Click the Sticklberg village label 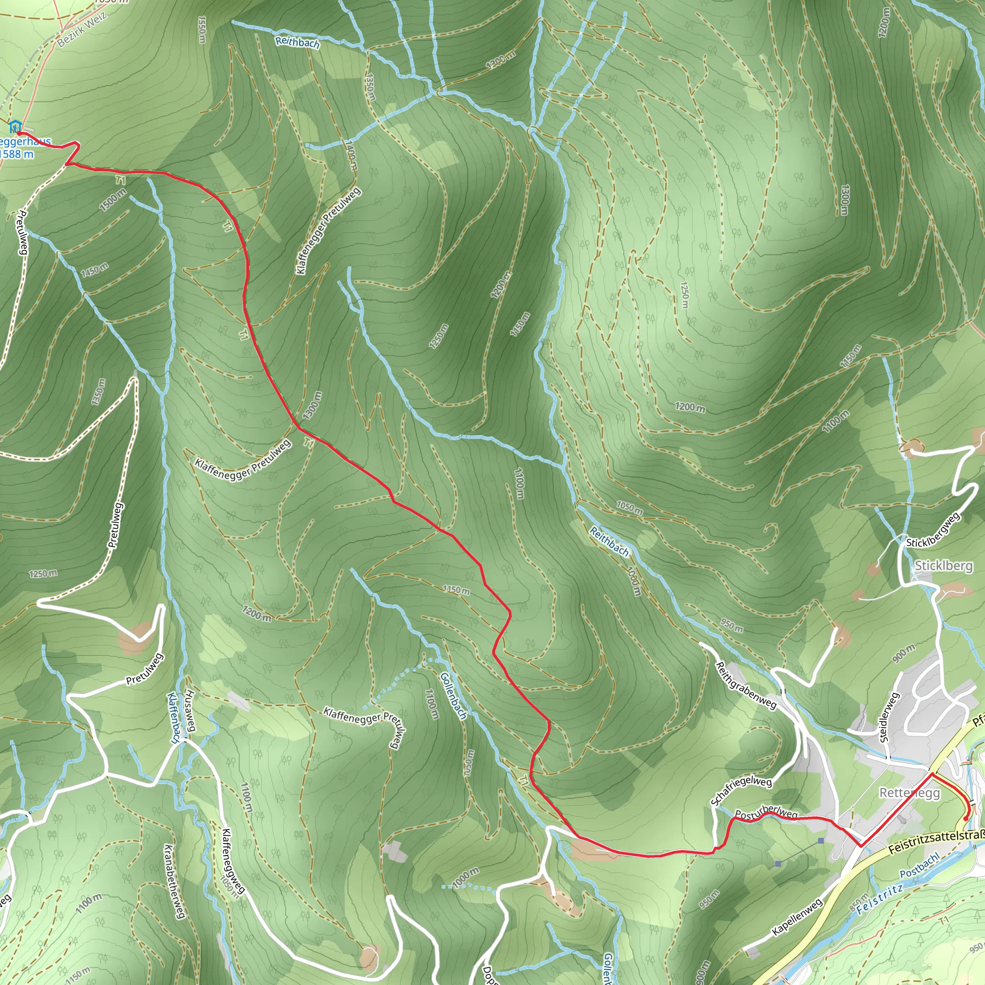click(x=943, y=566)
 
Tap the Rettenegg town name click(x=909, y=793)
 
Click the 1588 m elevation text click(x=17, y=154)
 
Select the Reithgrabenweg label click(x=746, y=685)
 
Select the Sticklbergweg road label click(x=933, y=530)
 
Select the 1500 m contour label click(x=113, y=200)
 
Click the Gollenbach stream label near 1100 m click(x=453, y=695)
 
